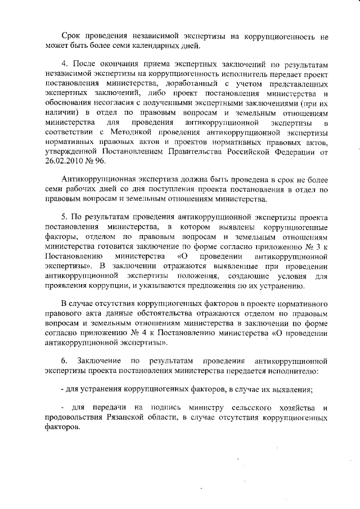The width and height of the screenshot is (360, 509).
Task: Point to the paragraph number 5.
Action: pos(64,217)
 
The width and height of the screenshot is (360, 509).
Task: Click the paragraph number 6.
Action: pos(64,360)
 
